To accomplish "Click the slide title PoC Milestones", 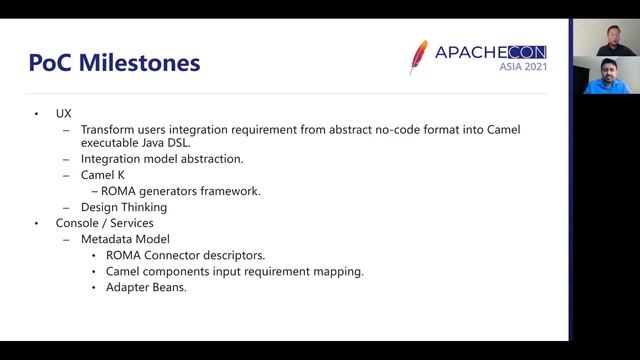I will coord(115,63).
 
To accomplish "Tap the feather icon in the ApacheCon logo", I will coord(418,58).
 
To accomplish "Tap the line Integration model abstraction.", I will coord(161,159).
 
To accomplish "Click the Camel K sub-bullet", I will coord(103,175).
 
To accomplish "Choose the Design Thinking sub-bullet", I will coord(123,207).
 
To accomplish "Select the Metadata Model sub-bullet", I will coord(126,239).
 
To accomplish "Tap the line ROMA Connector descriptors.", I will coord(185,255).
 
